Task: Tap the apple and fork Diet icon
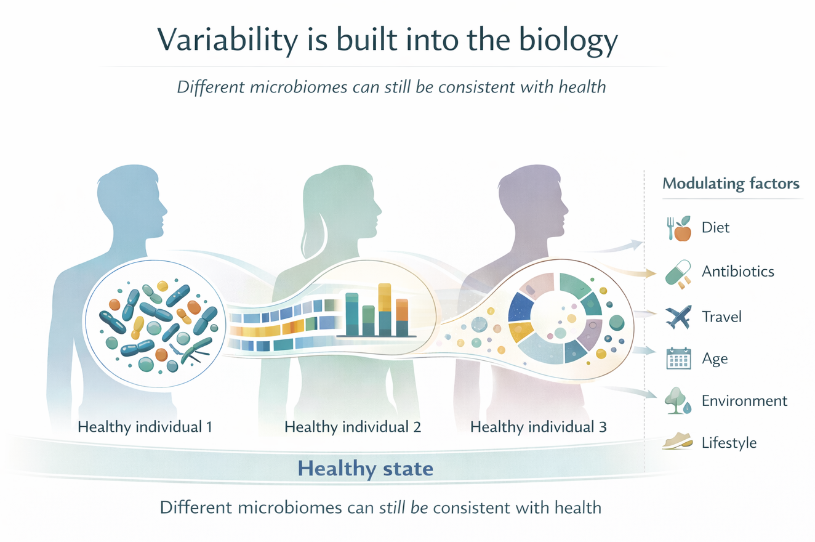(x=678, y=229)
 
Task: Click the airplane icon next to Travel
(x=678, y=317)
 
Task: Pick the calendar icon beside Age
(x=678, y=358)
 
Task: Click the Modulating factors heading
(x=731, y=184)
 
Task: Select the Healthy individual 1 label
(x=145, y=427)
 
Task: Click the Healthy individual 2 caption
(x=353, y=427)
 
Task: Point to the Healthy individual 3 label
(x=539, y=427)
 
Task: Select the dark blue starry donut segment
(x=523, y=306)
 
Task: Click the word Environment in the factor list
(x=744, y=401)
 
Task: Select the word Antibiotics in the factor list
(x=737, y=272)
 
